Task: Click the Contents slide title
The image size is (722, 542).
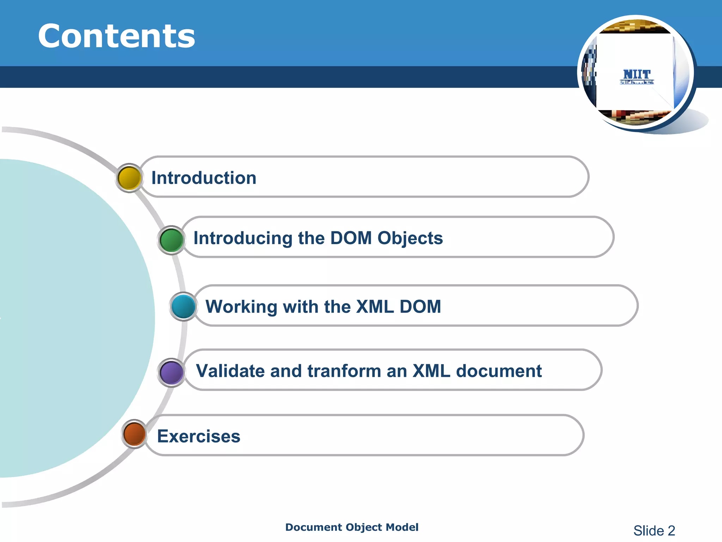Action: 116,36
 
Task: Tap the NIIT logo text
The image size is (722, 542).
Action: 637,74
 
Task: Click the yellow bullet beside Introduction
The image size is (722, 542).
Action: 129,178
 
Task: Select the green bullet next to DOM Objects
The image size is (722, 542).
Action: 171,240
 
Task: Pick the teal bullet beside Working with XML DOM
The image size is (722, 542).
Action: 184,306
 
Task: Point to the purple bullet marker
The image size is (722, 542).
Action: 172,372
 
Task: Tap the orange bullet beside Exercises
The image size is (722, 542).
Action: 135,434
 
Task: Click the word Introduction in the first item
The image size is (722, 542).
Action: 204,177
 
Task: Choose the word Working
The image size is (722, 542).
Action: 241,306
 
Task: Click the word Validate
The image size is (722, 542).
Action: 230,371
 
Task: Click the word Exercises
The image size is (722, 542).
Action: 198,436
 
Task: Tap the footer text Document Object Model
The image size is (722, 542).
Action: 352,527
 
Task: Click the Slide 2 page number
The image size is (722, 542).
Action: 654,530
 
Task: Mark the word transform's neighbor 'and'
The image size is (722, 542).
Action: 286,371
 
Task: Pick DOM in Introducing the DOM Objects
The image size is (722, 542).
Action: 351,238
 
